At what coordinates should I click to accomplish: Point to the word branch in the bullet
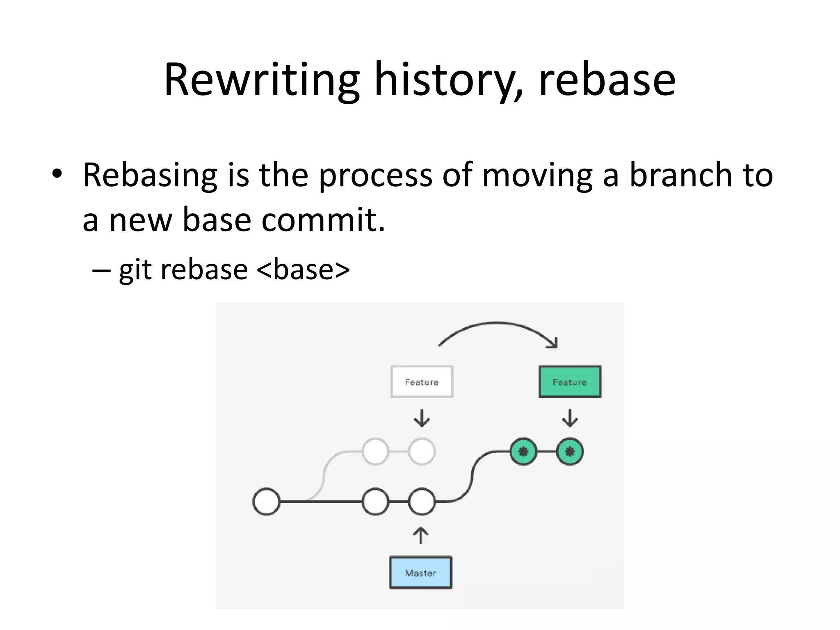680,175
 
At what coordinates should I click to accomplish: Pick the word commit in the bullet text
323,220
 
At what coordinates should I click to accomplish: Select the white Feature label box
422,382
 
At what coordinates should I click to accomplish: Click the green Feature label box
570,382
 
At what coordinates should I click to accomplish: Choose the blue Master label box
420,573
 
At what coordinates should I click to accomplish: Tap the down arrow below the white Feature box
422,418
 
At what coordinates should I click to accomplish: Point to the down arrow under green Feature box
570,418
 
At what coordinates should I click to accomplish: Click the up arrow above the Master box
420,535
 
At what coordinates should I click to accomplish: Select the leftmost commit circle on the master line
267,501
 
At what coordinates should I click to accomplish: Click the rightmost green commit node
570,452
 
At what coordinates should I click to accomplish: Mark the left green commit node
523,452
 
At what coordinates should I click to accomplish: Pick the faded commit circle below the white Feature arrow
422,452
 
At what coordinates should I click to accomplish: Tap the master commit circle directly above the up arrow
422,501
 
